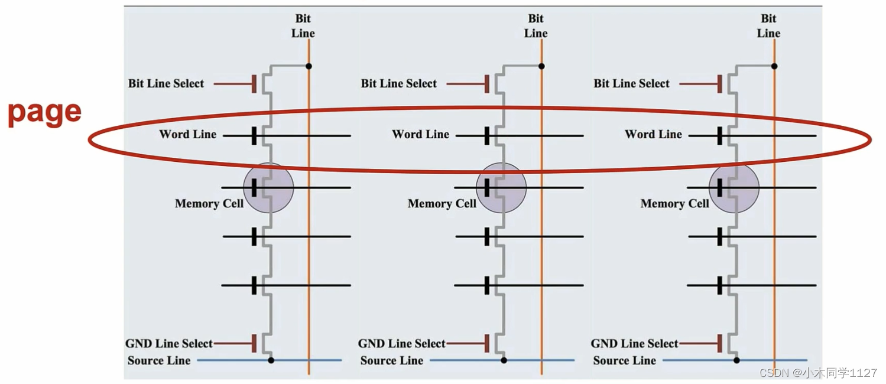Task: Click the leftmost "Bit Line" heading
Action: point(303,26)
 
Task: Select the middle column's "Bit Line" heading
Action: point(536,26)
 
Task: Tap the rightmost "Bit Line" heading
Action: point(768,26)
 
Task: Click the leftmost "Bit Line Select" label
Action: point(166,83)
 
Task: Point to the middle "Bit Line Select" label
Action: point(399,83)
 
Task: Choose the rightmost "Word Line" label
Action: point(653,134)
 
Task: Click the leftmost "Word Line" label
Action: point(187,134)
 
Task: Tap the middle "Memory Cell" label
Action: point(442,204)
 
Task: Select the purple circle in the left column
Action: point(269,188)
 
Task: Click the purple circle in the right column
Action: point(734,188)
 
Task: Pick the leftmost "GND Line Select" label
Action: point(168,343)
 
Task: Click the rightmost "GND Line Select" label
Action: point(634,343)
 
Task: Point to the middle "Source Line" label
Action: point(392,360)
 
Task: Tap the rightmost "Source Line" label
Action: point(625,360)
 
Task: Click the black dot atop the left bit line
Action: point(309,66)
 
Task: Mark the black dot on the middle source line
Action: point(504,360)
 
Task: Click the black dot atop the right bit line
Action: point(774,66)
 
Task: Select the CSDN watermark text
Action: point(818,373)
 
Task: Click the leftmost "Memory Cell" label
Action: point(209,204)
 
